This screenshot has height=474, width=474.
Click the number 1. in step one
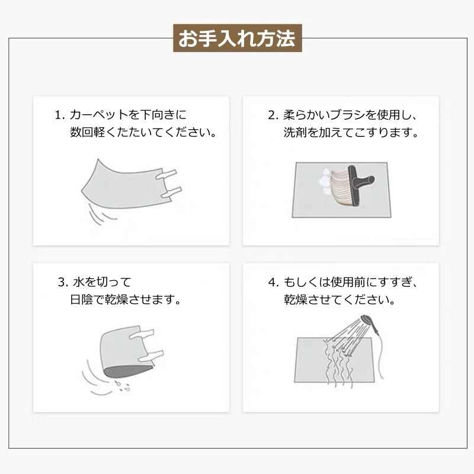click(x=59, y=114)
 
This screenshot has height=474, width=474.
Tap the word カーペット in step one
click(x=98, y=114)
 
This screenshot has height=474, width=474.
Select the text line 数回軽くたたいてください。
click(x=143, y=132)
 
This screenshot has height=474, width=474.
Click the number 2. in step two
click(x=273, y=114)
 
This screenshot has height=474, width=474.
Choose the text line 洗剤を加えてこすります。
click(x=351, y=133)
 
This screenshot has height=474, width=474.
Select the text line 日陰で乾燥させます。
click(x=125, y=299)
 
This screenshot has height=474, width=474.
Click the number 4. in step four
click(x=273, y=281)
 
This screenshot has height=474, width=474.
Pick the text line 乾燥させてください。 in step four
click(x=340, y=299)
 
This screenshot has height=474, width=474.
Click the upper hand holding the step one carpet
click(x=168, y=174)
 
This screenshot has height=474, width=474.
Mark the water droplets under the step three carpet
click(x=122, y=386)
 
